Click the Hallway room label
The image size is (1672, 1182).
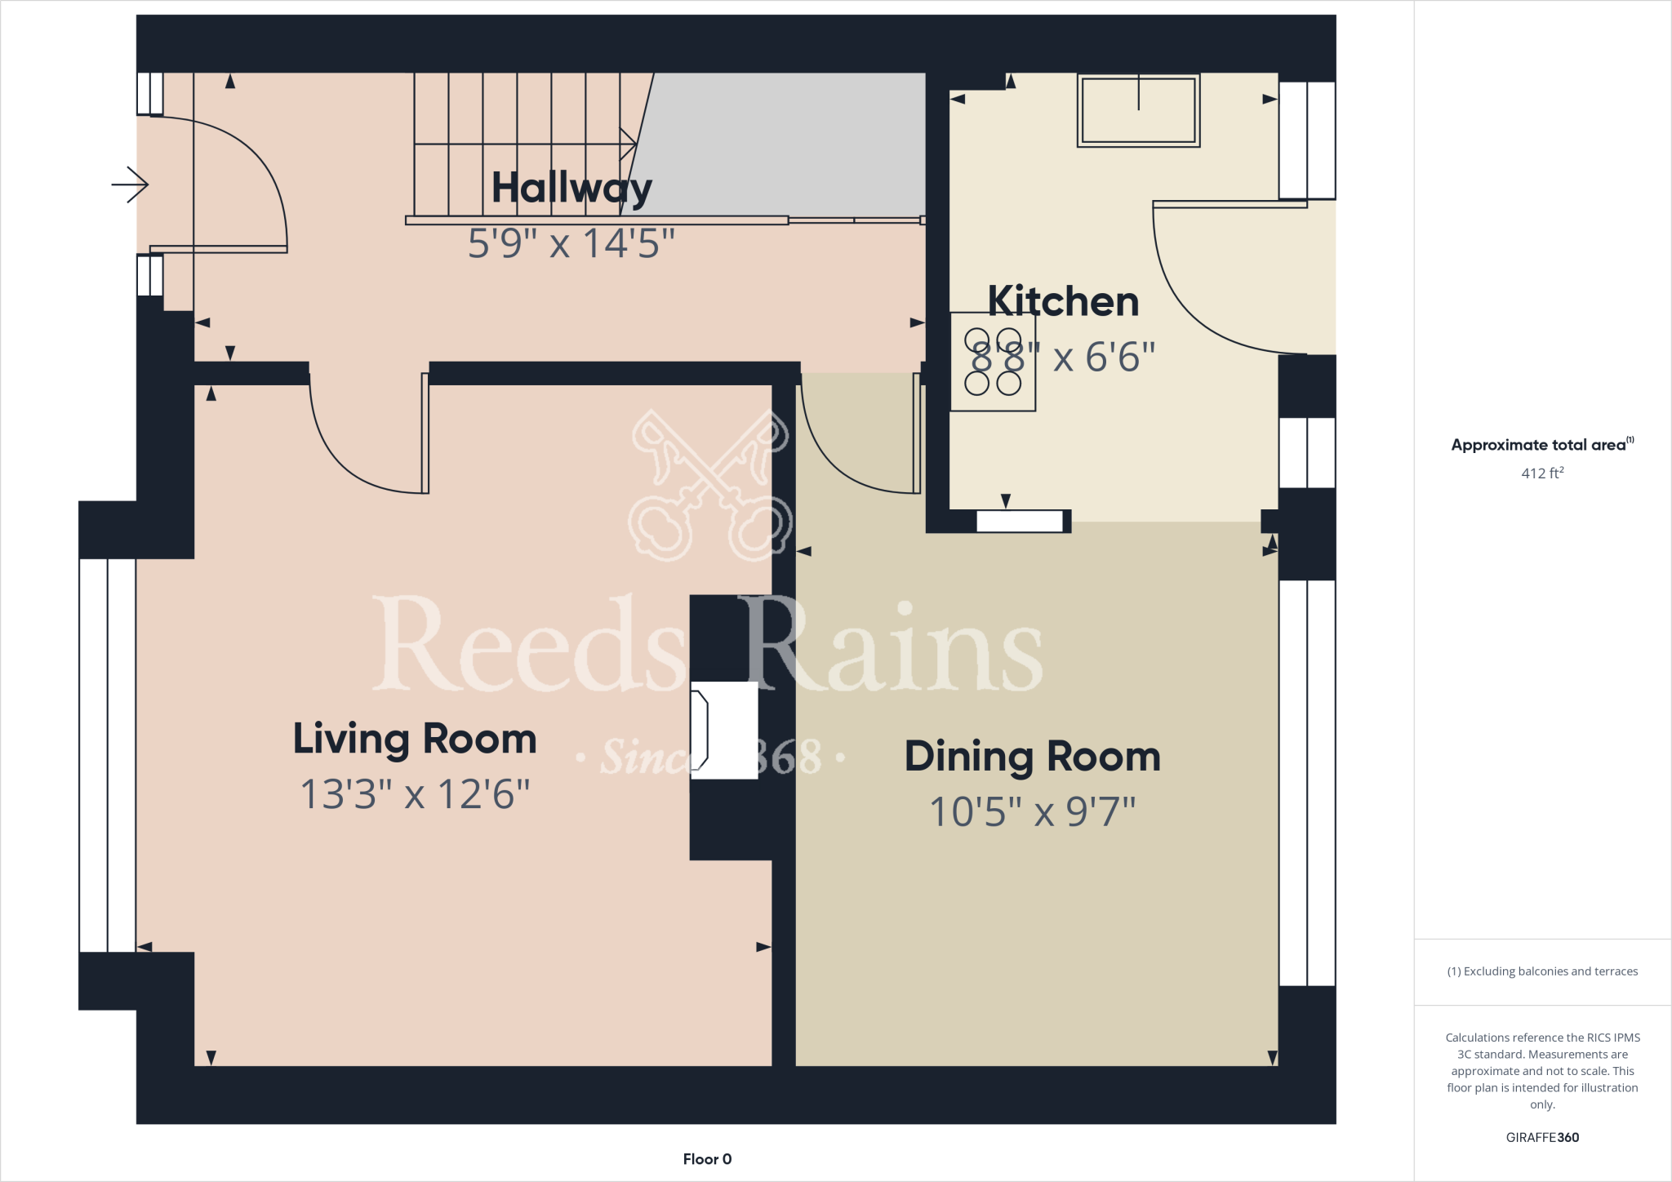tap(571, 189)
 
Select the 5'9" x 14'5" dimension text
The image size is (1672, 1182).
tap(571, 243)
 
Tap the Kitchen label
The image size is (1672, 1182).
tap(1063, 301)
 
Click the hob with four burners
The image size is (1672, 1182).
tap(993, 362)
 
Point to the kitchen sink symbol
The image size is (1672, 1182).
tap(1138, 110)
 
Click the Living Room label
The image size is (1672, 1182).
tap(415, 739)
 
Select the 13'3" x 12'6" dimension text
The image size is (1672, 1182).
tap(415, 793)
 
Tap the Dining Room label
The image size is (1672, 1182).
tap(1032, 757)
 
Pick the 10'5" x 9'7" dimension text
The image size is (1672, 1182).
tap(1032, 811)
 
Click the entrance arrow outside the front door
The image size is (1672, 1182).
tap(130, 184)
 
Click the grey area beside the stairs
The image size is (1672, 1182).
tap(784, 143)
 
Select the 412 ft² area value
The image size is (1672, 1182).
tap(1541, 473)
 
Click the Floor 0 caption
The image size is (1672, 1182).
tap(707, 1159)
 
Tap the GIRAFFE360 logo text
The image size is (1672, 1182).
tap(1541, 1137)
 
